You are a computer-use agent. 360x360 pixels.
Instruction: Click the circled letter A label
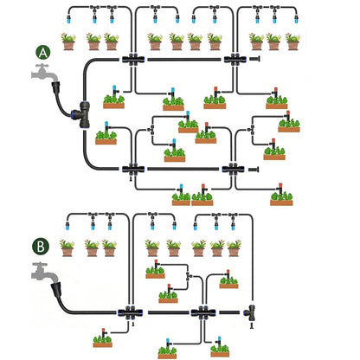[43, 53]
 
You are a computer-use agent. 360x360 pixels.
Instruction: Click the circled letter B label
[41, 247]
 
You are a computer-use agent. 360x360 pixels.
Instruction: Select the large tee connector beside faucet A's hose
[81, 115]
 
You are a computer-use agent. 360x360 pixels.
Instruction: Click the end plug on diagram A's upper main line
[255, 59]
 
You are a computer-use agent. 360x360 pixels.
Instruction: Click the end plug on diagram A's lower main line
[254, 170]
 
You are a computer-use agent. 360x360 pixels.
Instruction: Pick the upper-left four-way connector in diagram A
[133, 60]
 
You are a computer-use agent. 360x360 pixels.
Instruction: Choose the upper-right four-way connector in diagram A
[235, 60]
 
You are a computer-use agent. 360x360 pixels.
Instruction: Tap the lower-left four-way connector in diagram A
[133, 169]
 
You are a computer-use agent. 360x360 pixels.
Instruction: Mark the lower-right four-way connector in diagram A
[233, 169]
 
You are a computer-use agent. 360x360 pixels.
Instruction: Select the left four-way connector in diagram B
[130, 312]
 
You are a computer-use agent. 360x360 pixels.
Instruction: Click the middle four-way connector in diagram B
[203, 312]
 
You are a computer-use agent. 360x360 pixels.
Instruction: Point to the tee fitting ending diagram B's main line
[250, 313]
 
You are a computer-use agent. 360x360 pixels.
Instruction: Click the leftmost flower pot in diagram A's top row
[68, 42]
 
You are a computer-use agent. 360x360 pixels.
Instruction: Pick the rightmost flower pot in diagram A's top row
[292, 42]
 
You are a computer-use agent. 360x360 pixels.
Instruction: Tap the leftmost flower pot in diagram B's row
[67, 248]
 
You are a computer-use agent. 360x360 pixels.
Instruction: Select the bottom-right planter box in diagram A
[281, 196]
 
